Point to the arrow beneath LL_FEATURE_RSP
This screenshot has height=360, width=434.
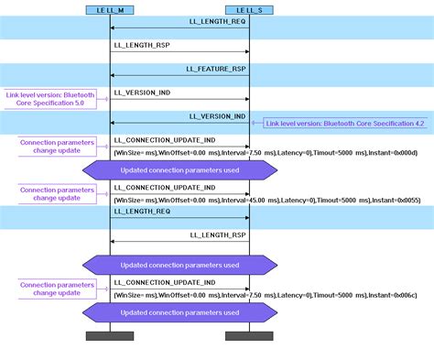179,75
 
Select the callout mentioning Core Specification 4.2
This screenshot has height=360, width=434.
346,122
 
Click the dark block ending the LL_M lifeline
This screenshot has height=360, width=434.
110,336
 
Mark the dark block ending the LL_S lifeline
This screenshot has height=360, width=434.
249,336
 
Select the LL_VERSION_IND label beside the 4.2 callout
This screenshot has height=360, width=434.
217,116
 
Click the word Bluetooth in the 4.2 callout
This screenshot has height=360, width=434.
327,122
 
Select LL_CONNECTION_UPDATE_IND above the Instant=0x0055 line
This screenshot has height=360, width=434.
165,188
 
